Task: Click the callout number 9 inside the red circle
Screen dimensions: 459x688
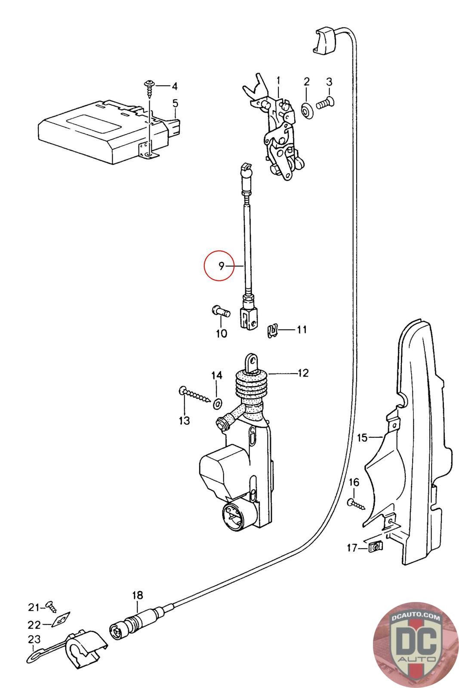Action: pyautogui.click(x=221, y=266)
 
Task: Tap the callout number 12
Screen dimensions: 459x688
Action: pyautogui.click(x=302, y=373)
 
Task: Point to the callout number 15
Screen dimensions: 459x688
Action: pyautogui.click(x=363, y=438)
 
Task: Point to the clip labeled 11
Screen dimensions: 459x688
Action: pyautogui.click(x=271, y=330)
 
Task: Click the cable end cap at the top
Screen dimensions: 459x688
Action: pyautogui.click(x=325, y=41)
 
